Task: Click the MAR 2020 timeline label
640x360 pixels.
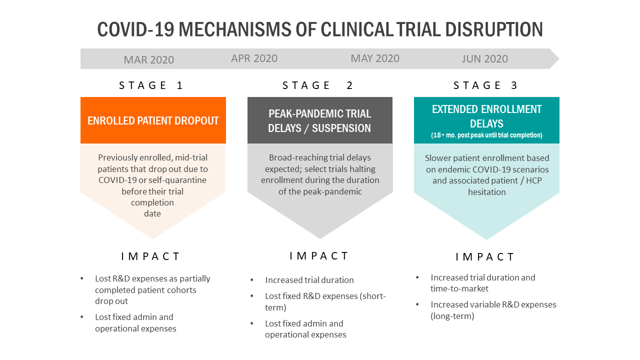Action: pyautogui.click(x=148, y=59)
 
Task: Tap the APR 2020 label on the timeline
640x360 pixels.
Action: pyautogui.click(x=254, y=58)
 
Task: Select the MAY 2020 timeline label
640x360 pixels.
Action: pyautogui.click(x=375, y=58)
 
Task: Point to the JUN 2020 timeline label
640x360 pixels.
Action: pyautogui.click(x=485, y=59)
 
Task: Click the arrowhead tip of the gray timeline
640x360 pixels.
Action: pyautogui.click(x=559, y=59)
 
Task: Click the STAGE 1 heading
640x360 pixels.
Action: pyautogui.click(x=151, y=85)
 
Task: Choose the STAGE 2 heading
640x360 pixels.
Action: pyautogui.click(x=317, y=85)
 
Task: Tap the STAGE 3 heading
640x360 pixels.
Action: pyautogui.click(x=485, y=85)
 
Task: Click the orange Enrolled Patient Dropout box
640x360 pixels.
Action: pyautogui.click(x=153, y=120)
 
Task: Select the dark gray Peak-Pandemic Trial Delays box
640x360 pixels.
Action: pyautogui.click(x=320, y=120)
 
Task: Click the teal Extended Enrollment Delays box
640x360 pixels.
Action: pyautogui.click(x=486, y=120)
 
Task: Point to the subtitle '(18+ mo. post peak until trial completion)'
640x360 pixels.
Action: pyautogui.click(x=486, y=135)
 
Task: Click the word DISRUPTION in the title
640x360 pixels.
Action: pyautogui.click(x=493, y=29)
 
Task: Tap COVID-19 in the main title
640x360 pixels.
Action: pyautogui.click(x=135, y=29)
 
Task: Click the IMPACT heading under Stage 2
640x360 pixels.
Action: pyautogui.click(x=319, y=256)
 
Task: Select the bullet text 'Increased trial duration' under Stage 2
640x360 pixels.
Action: pyautogui.click(x=309, y=280)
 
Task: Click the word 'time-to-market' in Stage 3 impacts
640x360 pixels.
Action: pyautogui.click(x=459, y=288)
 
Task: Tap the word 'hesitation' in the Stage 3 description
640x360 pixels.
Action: pyautogui.click(x=487, y=192)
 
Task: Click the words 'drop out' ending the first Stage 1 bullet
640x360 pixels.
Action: pyautogui.click(x=111, y=301)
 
